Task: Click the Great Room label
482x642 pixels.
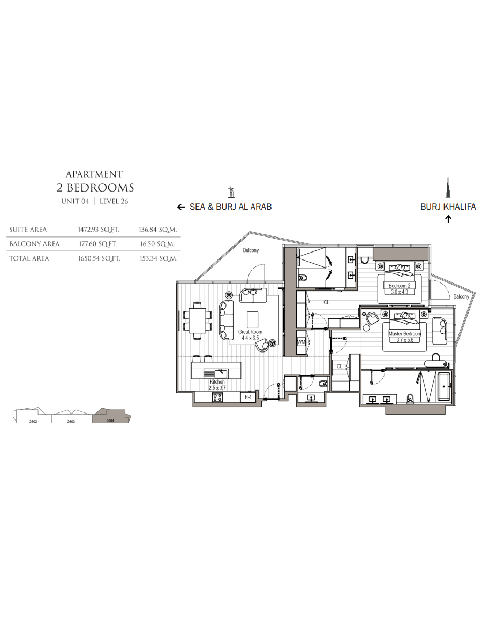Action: pyautogui.click(x=250, y=332)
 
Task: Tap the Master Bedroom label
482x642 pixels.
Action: pyautogui.click(x=404, y=334)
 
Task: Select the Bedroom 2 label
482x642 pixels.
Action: pyautogui.click(x=400, y=286)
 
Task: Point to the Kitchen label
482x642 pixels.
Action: pyautogui.click(x=217, y=381)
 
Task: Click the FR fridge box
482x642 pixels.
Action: pyautogui.click(x=248, y=397)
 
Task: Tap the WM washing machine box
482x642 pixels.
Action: pyautogui.click(x=301, y=342)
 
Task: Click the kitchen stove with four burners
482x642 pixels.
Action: pyautogui.click(x=217, y=397)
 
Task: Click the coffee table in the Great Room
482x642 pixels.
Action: pyautogui.click(x=253, y=320)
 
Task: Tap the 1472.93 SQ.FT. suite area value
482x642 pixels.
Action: pyautogui.click(x=99, y=230)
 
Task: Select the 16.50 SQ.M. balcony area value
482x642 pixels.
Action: pyautogui.click(x=157, y=244)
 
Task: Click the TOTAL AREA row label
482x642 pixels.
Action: pyautogui.click(x=29, y=258)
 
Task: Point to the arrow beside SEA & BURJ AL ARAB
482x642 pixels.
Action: pyautogui.click(x=181, y=207)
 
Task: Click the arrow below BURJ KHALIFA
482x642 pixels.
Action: pyautogui.click(x=448, y=219)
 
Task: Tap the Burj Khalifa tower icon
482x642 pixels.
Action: pyautogui.click(x=448, y=186)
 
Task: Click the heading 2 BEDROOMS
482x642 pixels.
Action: pyautogui.click(x=95, y=187)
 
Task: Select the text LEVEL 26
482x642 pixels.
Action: pyautogui.click(x=114, y=201)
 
